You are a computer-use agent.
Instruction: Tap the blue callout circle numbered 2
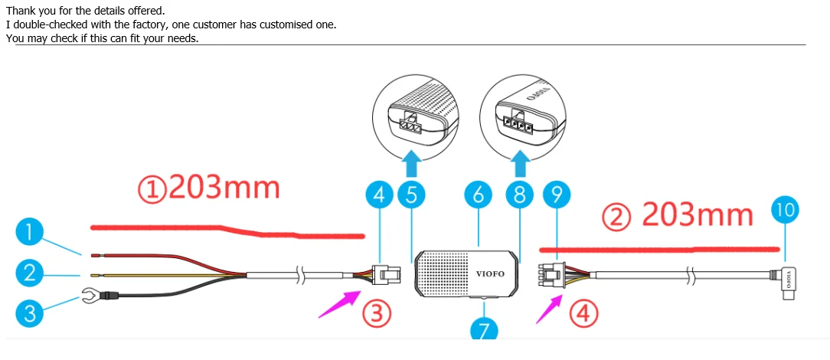click(x=29, y=271)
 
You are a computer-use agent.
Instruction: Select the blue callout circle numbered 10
click(x=786, y=209)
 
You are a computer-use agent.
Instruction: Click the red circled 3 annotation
click(x=377, y=313)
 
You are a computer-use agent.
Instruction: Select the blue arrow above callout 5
click(x=412, y=162)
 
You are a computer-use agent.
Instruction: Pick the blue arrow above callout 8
click(x=521, y=162)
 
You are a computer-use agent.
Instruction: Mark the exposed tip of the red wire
click(x=95, y=254)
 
